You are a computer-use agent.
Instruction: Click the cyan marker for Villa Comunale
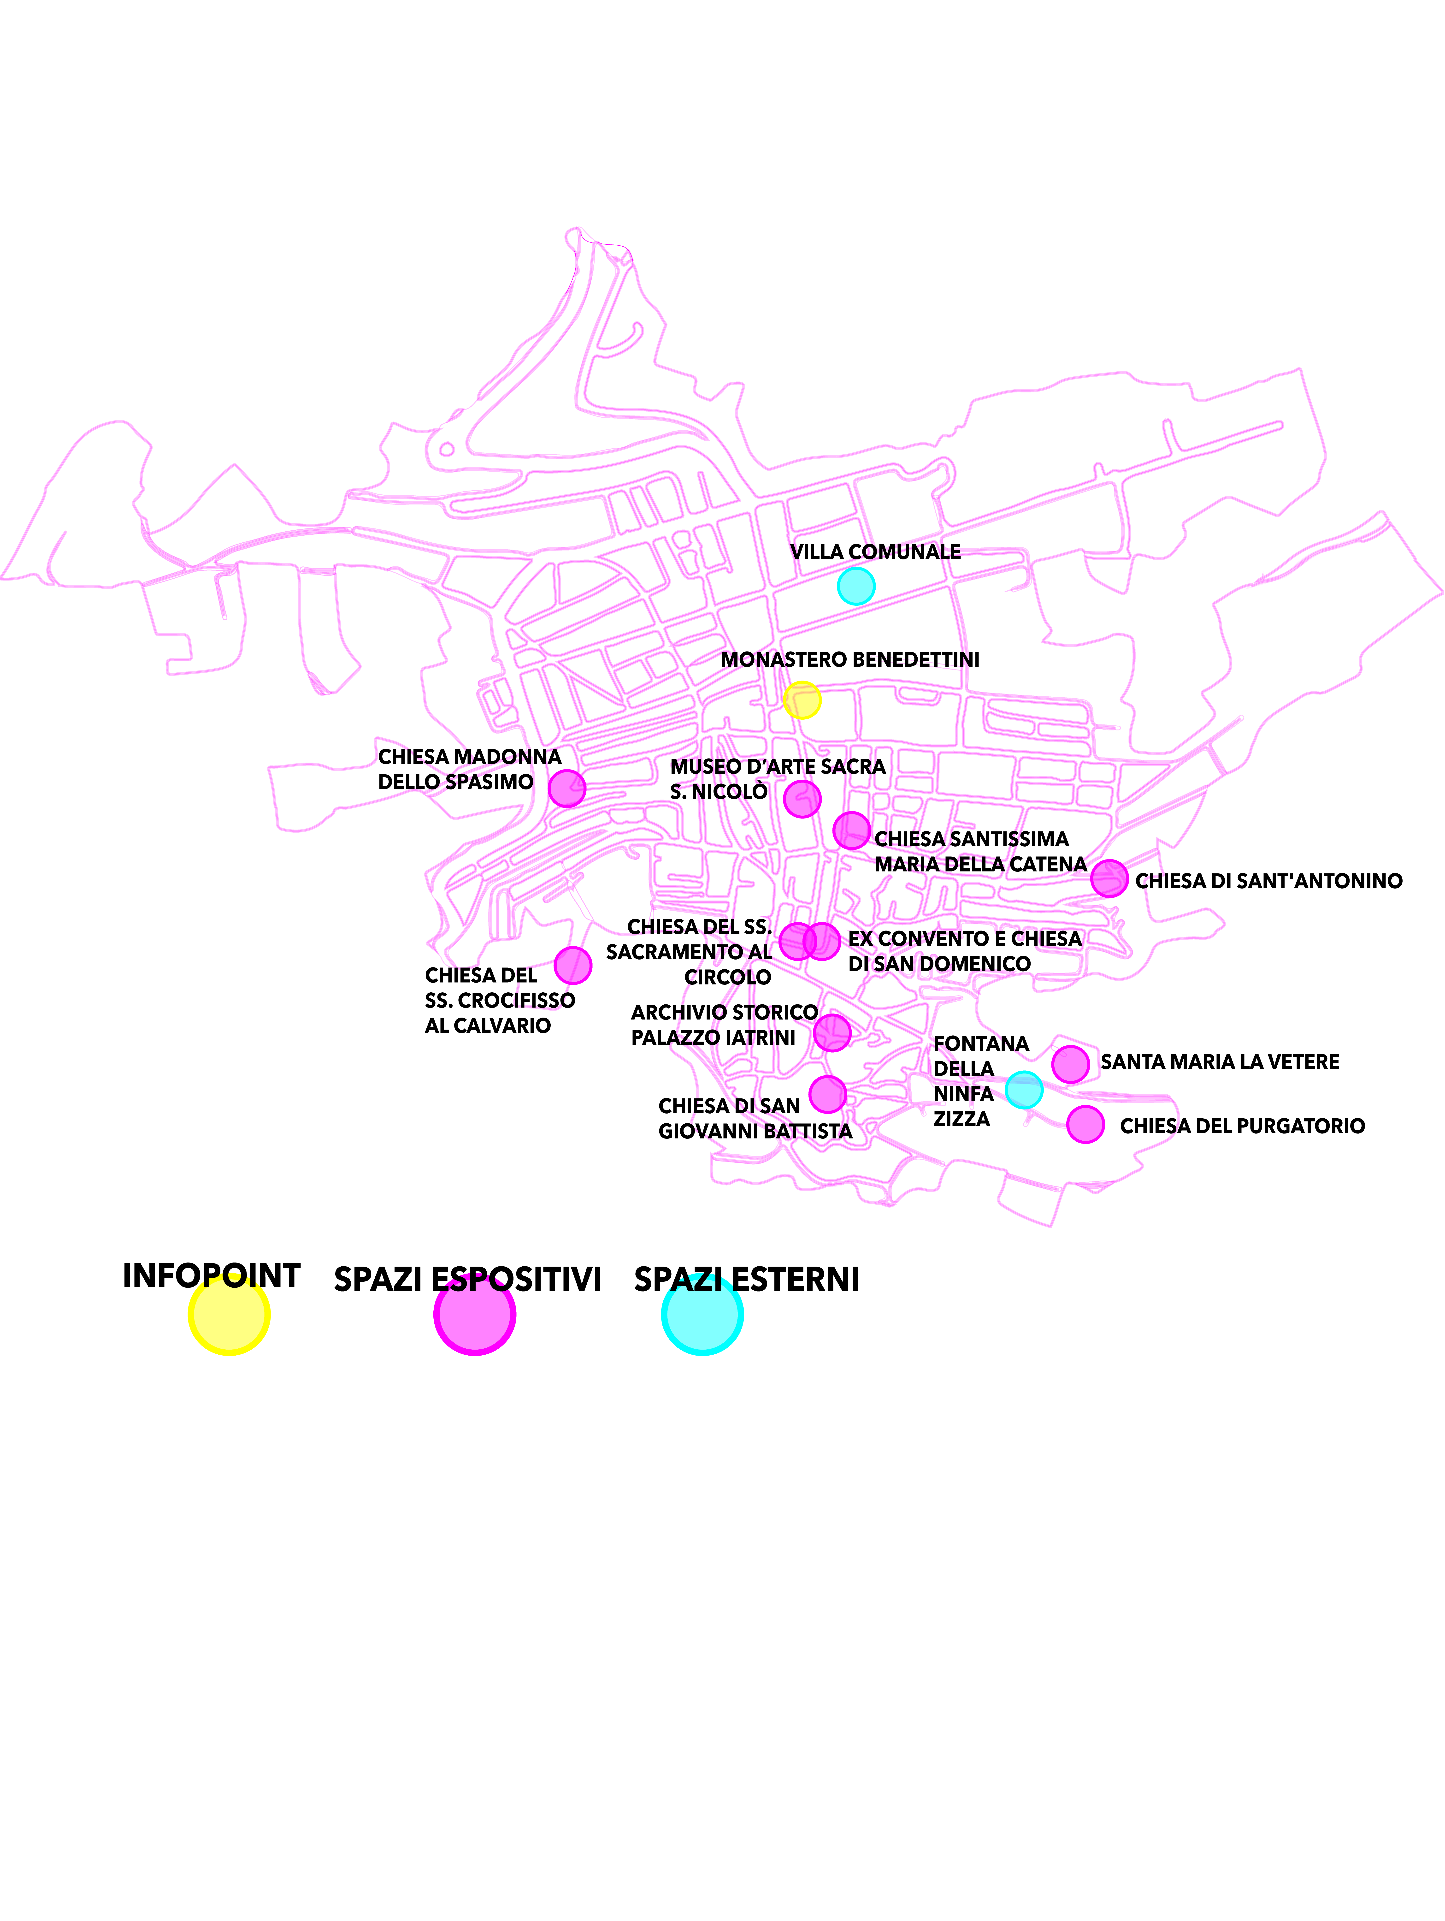click(856, 586)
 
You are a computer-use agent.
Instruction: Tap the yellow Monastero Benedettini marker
click(802, 700)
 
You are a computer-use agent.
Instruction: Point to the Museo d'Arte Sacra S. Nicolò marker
click(802, 798)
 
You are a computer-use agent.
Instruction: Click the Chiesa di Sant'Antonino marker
click(1109, 879)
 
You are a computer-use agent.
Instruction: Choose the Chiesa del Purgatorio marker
click(1085, 1125)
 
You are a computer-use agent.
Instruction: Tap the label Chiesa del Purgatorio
click(1242, 1126)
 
